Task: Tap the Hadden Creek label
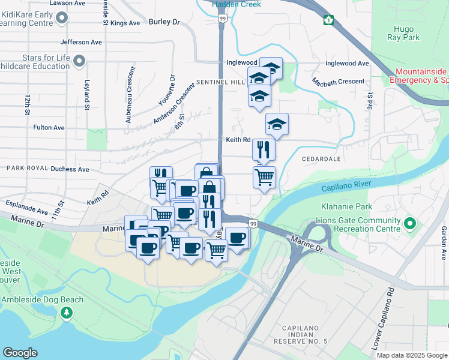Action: (x=236, y=4)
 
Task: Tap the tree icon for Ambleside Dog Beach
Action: (x=67, y=313)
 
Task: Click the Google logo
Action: (x=20, y=352)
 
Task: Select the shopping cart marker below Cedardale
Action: (x=264, y=178)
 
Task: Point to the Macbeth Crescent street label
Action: (x=338, y=81)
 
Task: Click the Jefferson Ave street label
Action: (x=81, y=43)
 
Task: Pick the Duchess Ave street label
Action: (x=70, y=169)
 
